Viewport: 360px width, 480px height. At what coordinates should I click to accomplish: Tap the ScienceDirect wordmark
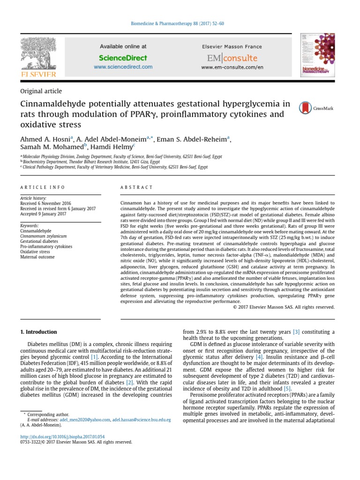coord(123,58)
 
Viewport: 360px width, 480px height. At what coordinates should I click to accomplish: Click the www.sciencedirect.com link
coord(123,67)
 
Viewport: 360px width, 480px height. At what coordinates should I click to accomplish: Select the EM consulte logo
coord(232,58)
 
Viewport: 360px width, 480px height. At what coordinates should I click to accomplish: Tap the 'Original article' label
coord(41,91)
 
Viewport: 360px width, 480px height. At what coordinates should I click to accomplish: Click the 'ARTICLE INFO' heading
coord(43,187)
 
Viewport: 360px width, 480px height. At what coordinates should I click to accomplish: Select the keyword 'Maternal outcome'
coord(37,257)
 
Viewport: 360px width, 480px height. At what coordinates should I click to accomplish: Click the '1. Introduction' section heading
coord(38,332)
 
